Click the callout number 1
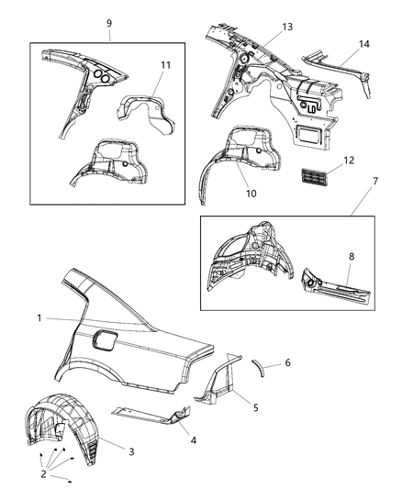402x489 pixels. [39, 317]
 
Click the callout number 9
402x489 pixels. [109, 23]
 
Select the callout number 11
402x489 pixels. [166, 65]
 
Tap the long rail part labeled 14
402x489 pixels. [340, 68]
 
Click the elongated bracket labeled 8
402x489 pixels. [335, 287]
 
